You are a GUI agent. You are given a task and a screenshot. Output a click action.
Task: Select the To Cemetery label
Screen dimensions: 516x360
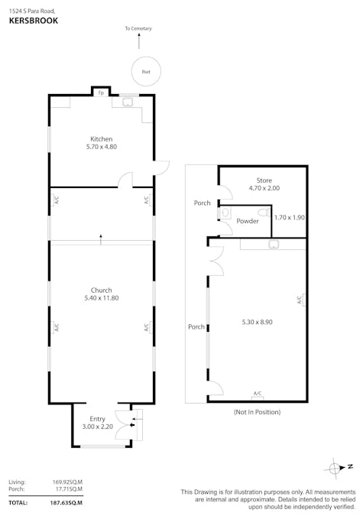(x=138, y=29)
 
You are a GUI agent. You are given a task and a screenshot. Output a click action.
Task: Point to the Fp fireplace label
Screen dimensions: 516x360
(x=101, y=93)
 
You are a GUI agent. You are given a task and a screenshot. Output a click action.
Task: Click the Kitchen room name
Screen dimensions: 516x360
(x=101, y=138)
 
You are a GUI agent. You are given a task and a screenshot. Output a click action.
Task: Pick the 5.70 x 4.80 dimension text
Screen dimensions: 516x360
(x=101, y=147)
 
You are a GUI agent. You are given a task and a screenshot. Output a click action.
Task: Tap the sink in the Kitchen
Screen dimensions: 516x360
(x=128, y=101)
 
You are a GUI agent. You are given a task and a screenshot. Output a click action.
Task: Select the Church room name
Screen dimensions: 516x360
(x=101, y=290)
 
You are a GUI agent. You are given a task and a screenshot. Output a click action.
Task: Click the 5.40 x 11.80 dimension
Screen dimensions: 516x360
(x=101, y=298)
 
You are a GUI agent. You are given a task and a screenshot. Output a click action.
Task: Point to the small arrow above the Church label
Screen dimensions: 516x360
(x=101, y=239)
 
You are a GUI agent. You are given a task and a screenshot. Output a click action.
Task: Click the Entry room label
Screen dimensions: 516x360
(x=98, y=419)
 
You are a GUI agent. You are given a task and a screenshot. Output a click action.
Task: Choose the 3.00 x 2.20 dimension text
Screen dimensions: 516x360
(x=98, y=427)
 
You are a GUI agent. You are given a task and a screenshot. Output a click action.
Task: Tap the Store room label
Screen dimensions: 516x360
(x=264, y=180)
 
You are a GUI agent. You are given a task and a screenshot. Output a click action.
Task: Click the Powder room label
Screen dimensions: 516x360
(x=247, y=221)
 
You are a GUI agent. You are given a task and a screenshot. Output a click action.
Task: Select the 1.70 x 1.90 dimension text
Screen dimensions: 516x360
(x=290, y=218)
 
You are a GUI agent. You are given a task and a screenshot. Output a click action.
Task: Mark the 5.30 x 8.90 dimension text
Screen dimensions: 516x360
(x=257, y=323)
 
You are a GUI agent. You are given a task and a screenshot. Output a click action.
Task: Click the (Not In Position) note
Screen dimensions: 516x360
(x=258, y=412)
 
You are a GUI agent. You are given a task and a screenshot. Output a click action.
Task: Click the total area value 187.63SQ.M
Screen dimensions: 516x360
(x=67, y=502)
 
